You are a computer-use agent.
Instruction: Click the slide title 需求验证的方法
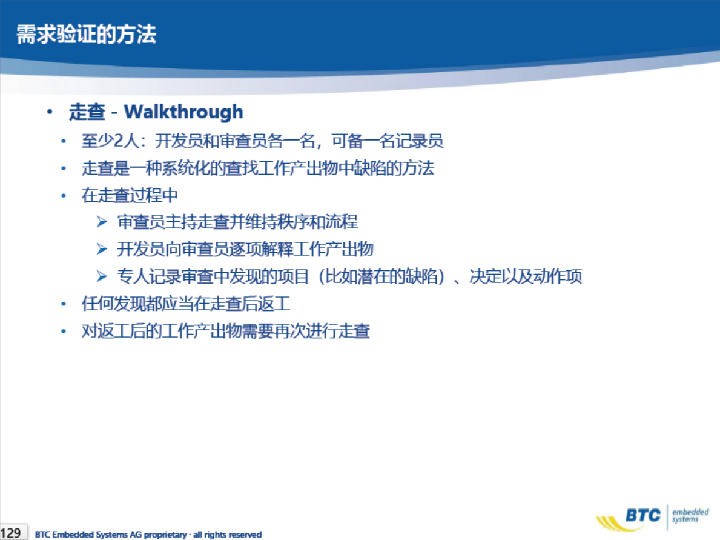[87, 35]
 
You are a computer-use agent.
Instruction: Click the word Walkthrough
[183, 112]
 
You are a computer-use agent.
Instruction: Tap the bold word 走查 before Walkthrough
[87, 112]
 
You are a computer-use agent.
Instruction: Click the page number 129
[10, 533]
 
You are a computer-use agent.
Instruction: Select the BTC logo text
[642, 515]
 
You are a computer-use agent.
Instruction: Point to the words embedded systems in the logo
[690, 515]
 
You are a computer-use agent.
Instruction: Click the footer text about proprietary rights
[148, 535]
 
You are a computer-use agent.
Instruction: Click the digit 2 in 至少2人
[119, 141]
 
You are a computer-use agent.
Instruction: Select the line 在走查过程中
[130, 195]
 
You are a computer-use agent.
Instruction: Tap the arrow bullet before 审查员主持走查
[102, 222]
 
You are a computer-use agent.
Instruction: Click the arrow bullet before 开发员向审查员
[102, 249]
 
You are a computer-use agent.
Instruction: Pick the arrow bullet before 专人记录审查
[102, 276]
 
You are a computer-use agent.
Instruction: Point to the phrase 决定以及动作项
[526, 276]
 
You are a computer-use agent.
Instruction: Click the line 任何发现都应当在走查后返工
[186, 304]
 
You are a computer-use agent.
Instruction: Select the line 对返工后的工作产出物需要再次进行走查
[226, 331]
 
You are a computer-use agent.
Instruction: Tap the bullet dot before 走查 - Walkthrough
[50, 112]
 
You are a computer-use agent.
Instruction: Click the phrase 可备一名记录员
[388, 141]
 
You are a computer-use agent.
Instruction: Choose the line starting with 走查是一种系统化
[257, 168]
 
